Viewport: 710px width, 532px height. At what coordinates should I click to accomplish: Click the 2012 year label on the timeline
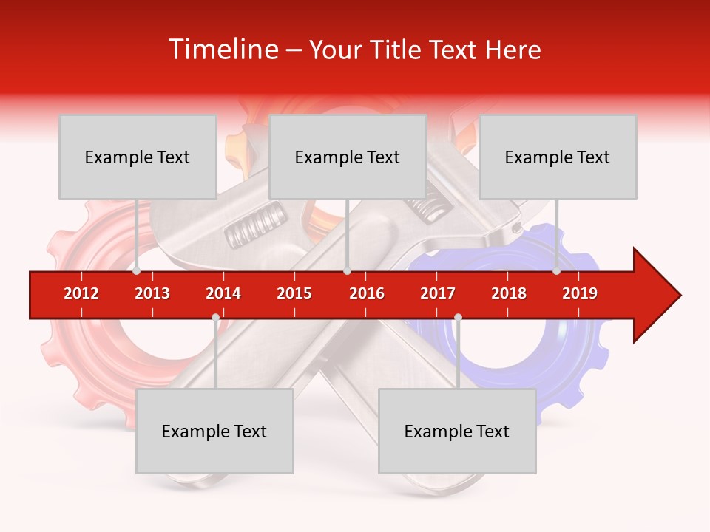pos(81,293)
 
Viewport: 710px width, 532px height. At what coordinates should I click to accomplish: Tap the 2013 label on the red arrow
pos(152,293)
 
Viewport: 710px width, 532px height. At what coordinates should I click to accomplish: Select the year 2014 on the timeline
pos(223,293)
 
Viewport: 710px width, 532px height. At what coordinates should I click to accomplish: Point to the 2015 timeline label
pos(294,293)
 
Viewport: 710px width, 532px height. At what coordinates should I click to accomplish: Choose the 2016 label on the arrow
pos(367,293)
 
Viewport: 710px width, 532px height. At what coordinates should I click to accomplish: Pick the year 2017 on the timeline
pos(438,293)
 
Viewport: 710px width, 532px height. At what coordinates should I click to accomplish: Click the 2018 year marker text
pos(509,293)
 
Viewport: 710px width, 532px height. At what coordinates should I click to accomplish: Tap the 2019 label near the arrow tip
pos(580,293)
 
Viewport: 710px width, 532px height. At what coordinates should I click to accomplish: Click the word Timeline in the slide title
pos(221,50)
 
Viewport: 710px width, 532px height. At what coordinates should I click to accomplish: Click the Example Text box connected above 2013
pos(138,157)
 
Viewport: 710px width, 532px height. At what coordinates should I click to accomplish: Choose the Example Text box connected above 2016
pos(348,157)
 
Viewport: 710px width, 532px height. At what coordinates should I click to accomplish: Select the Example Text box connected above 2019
pos(558,157)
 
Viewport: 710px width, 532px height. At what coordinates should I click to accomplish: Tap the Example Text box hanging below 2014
pos(214,431)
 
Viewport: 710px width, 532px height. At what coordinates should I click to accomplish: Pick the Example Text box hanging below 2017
pos(457,431)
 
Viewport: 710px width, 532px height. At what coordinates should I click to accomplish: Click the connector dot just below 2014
pos(215,318)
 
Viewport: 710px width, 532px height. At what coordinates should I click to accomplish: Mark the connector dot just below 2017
pos(458,318)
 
